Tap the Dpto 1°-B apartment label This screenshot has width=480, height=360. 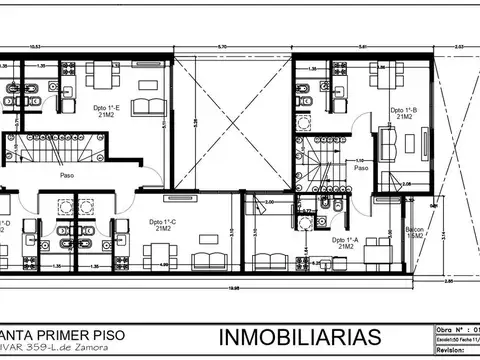coord(404,112)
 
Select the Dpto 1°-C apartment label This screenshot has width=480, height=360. coord(162,224)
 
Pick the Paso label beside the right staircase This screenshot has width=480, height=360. coord(361,168)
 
